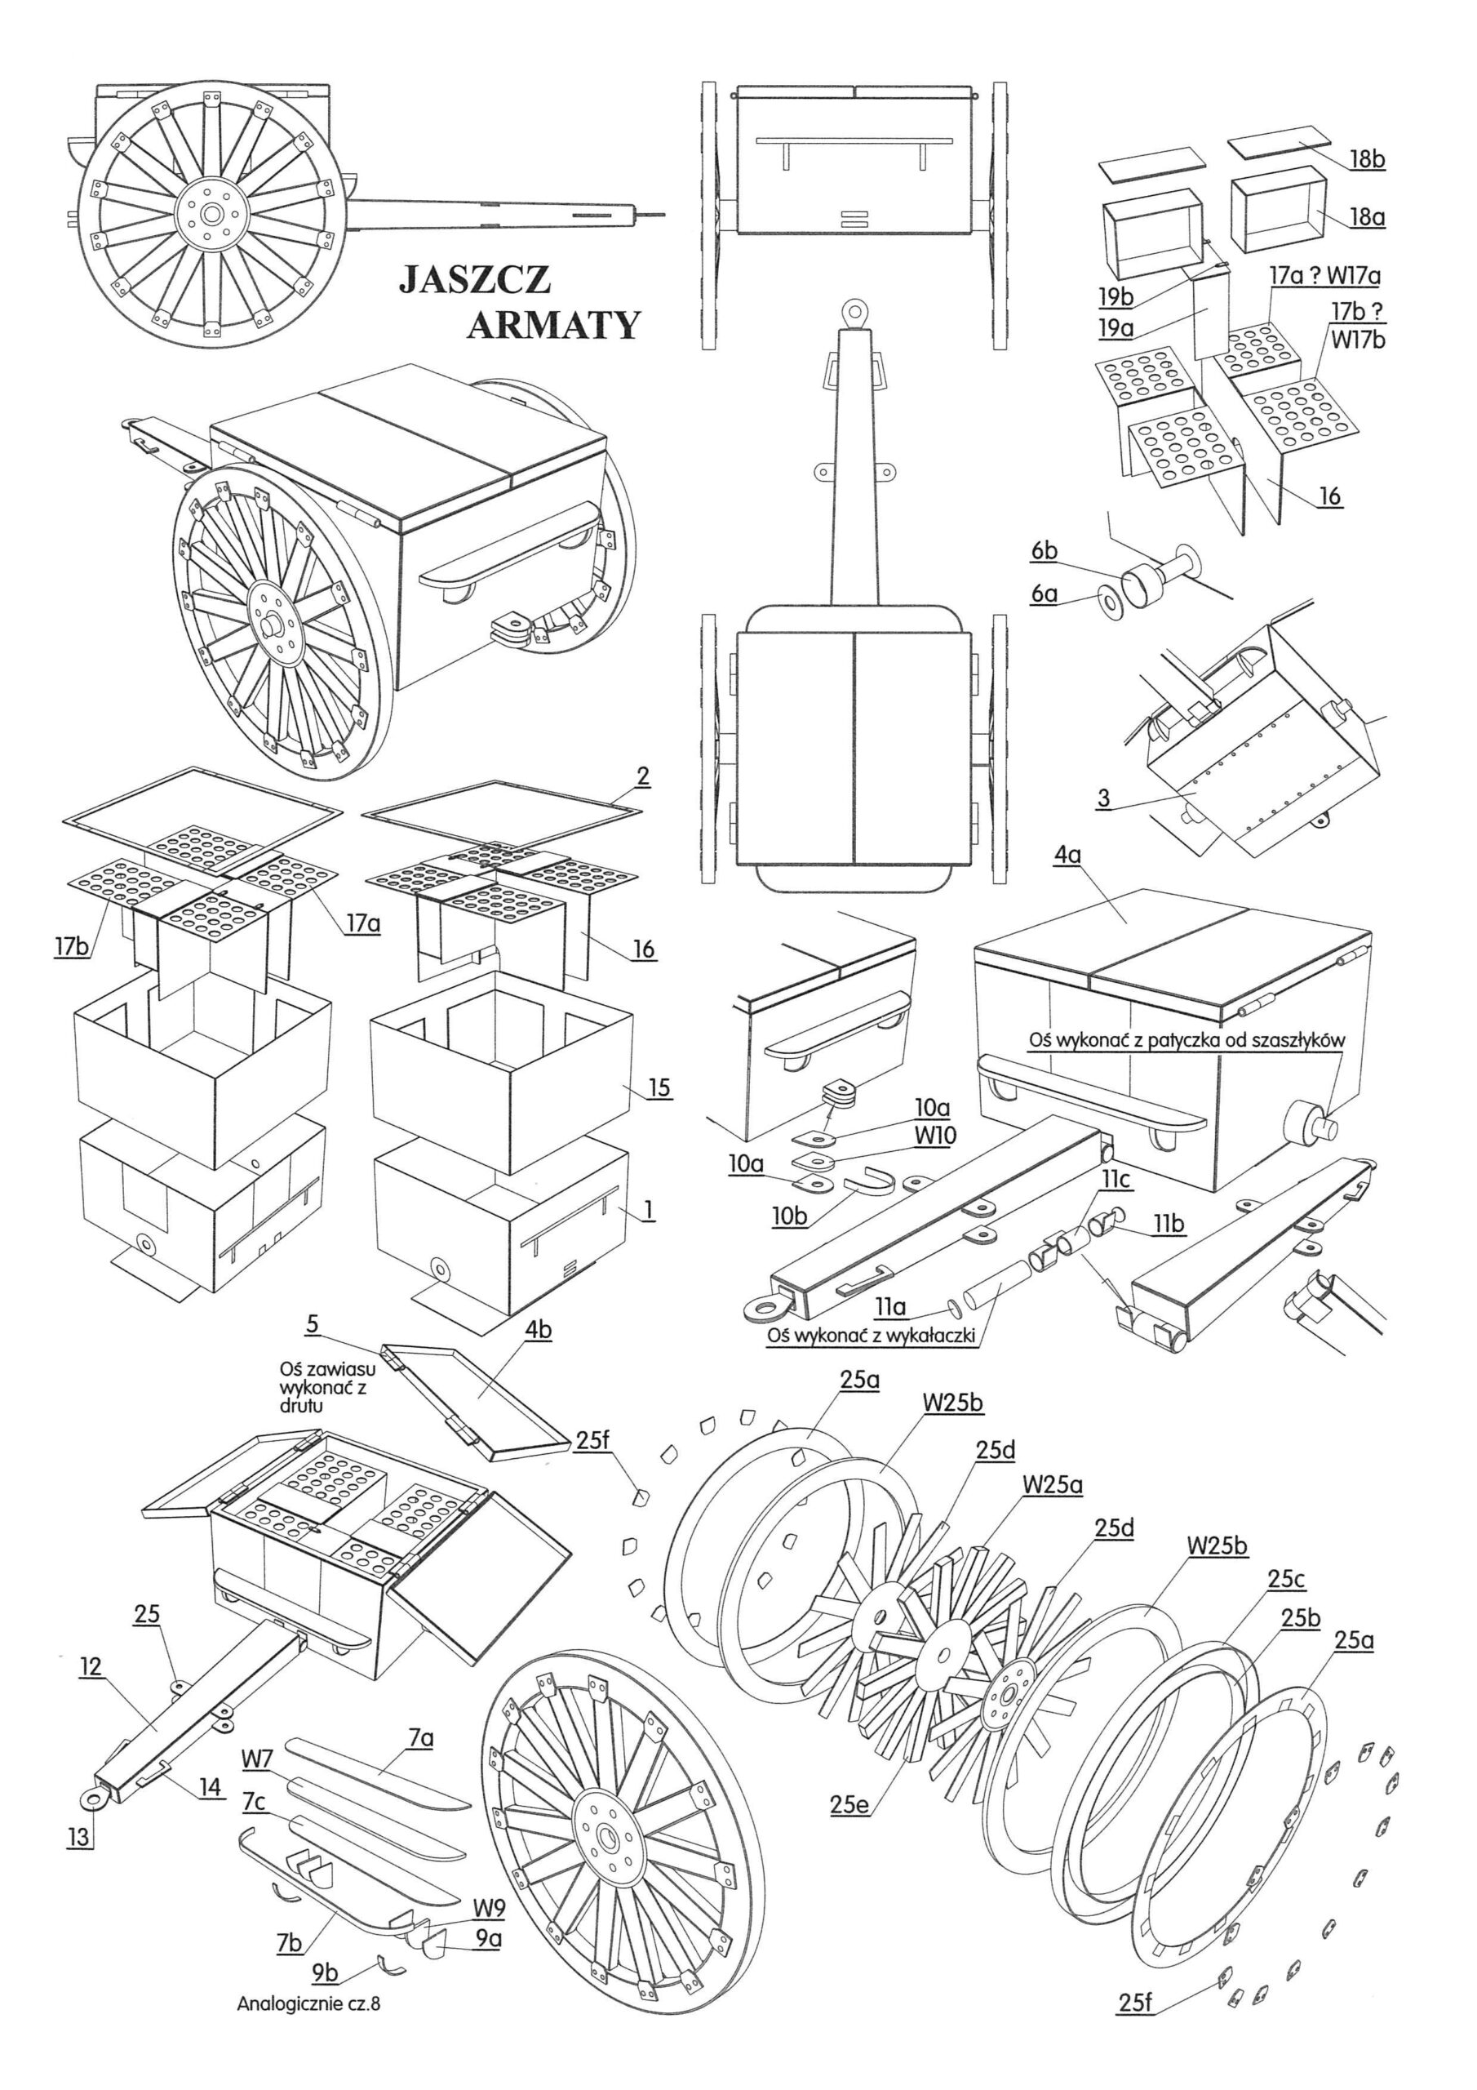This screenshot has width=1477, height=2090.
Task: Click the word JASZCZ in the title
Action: click(474, 278)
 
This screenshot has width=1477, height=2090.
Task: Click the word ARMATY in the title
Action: click(553, 324)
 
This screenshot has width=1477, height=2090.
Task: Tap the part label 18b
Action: click(1366, 158)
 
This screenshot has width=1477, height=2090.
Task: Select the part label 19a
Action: click(1116, 327)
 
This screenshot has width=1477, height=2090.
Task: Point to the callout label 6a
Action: click(1045, 594)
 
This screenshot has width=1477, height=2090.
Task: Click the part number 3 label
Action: click(1104, 799)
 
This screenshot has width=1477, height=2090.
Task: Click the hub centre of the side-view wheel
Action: click(212, 215)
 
